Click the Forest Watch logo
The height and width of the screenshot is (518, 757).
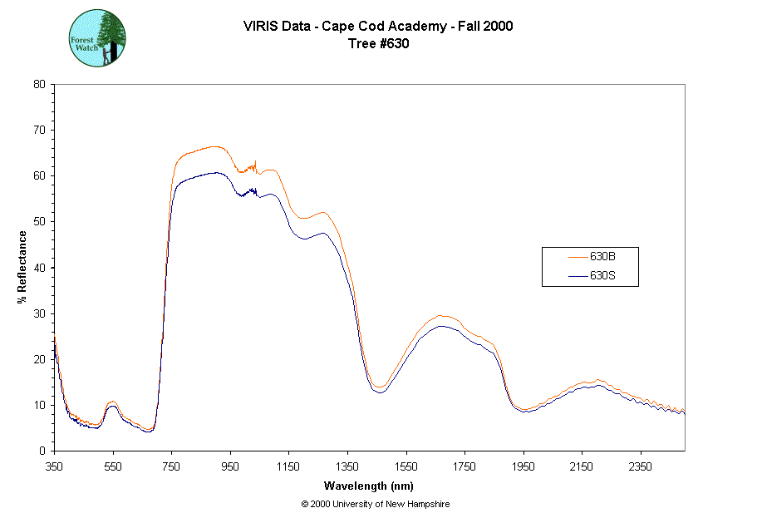point(97,39)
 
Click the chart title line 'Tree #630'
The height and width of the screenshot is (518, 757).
point(378,44)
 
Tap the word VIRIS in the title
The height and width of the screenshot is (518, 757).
point(259,26)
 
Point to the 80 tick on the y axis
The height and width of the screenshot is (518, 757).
point(38,84)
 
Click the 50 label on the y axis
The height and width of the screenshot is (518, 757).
point(38,221)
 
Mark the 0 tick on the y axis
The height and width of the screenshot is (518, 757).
point(42,451)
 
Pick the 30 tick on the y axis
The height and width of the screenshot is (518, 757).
point(38,313)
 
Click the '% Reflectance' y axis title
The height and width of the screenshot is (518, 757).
point(22,267)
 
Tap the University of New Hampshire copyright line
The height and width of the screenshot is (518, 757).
point(376,504)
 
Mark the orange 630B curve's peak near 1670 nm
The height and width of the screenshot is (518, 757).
point(442,315)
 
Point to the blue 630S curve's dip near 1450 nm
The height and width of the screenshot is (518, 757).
point(381,392)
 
